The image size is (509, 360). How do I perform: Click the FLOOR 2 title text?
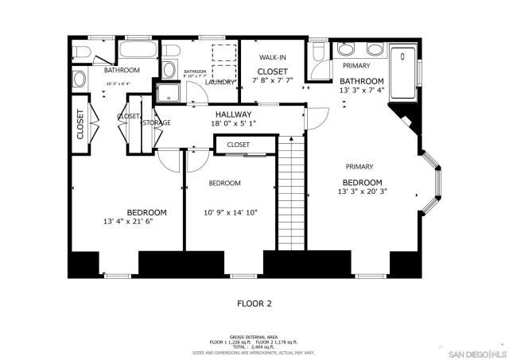point(254,303)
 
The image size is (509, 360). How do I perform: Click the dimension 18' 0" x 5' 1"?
point(232,124)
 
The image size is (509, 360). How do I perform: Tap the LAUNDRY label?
point(220,82)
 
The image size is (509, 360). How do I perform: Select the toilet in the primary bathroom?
point(317,52)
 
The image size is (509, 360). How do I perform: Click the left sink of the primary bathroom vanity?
point(345,47)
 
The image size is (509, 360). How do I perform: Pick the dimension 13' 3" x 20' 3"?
point(362,192)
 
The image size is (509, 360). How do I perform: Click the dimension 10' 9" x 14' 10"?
point(230,212)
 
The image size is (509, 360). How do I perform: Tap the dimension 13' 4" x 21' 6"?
point(126,221)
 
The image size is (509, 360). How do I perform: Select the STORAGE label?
point(157,122)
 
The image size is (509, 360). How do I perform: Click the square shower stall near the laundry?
point(168,95)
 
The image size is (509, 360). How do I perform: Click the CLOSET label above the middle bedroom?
point(238,145)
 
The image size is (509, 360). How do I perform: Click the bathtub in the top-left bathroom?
point(138,52)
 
